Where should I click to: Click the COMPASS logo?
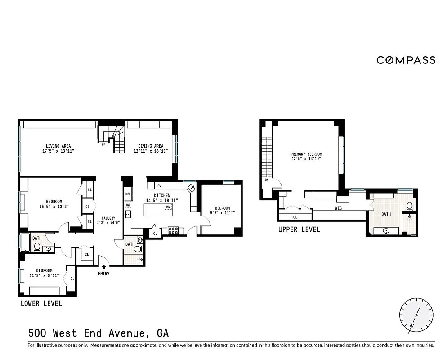point(406,60)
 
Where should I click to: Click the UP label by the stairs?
point(103,144)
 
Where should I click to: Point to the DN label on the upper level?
point(267,180)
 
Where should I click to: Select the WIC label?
point(339,208)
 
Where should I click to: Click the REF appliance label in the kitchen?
point(128,194)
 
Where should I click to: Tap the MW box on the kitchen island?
point(169,207)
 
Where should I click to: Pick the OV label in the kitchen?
point(159,186)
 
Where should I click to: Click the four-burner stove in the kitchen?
point(173,230)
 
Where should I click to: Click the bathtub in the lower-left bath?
point(24,243)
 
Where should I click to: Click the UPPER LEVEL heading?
point(299,229)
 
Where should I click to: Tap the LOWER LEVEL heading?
point(41,303)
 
